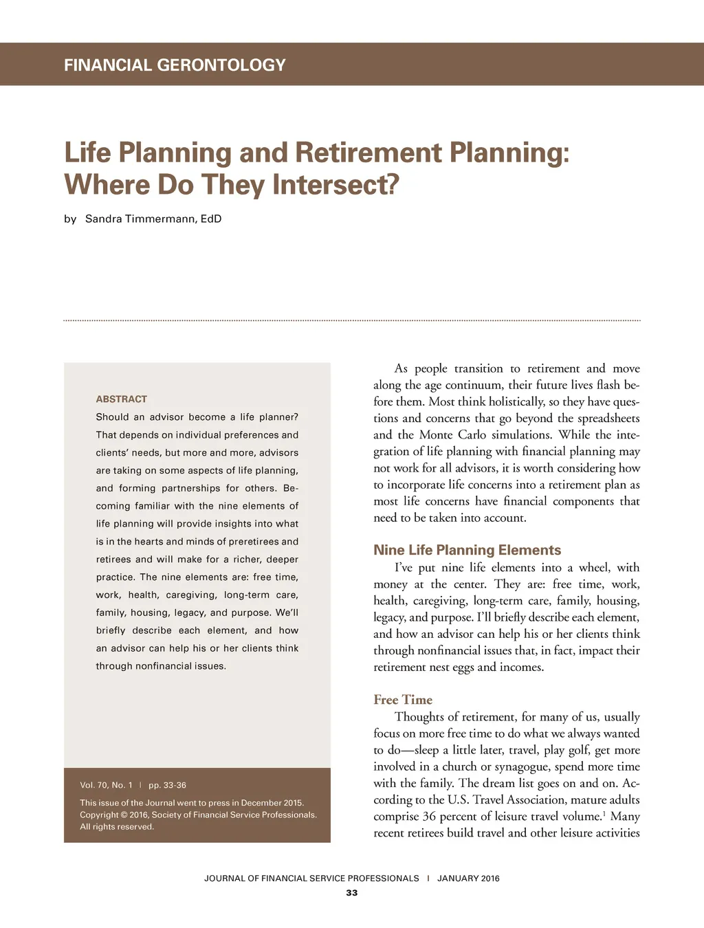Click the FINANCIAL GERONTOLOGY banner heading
175,65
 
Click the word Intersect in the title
335,185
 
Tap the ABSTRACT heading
122,399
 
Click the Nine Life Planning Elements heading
467,550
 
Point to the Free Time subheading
403,700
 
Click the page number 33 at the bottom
352,893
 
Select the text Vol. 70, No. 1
106,785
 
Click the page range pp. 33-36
167,785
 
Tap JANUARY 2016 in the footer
468,879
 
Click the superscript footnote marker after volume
604,813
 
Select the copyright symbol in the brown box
124,815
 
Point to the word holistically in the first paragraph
517,401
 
